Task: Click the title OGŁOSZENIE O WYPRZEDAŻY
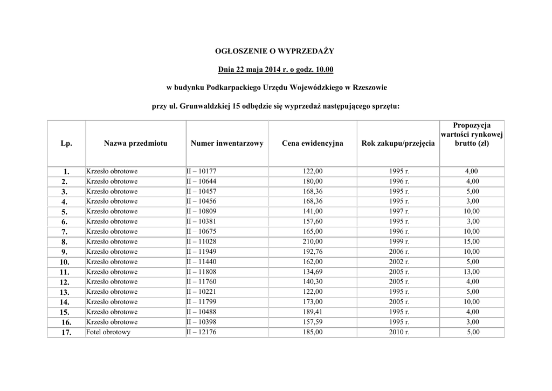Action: coord(275,51)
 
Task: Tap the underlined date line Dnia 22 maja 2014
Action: coord(275,69)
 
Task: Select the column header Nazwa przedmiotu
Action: coord(135,143)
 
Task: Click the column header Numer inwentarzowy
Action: coord(227,143)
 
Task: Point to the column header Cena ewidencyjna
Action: coord(312,143)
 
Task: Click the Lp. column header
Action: coord(66,143)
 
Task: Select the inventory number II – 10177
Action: coord(201,172)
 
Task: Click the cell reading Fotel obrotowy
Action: coord(108,332)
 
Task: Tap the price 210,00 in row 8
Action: coord(313,242)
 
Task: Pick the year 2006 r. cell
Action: coord(399,252)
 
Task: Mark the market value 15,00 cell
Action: coord(472,242)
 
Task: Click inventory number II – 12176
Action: coord(201,332)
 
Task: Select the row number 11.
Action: coord(65,272)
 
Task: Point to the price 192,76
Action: coord(313,252)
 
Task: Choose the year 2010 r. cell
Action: coord(399,332)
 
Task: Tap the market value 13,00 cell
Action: coord(472,272)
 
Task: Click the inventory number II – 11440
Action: coord(201,262)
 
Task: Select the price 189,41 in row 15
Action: coord(313,312)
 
